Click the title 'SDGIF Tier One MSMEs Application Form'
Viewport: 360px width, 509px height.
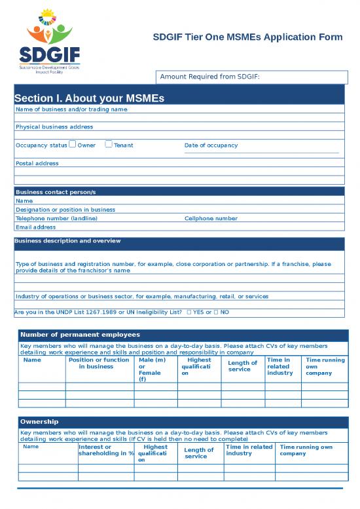(247, 37)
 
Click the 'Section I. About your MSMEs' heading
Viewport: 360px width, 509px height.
(89, 98)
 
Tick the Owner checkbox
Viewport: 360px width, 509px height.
(73, 145)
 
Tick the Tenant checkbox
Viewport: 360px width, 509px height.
(109, 145)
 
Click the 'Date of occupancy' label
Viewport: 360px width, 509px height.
(211, 145)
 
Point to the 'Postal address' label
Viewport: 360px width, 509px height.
(37, 163)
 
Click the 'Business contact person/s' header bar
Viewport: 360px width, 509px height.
(179, 192)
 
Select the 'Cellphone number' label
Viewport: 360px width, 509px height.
(211, 218)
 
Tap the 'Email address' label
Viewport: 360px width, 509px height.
(35, 227)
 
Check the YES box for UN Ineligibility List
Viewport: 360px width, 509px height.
(189, 312)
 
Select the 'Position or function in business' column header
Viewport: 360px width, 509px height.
(99, 363)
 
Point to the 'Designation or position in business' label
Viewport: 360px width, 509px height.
(65, 210)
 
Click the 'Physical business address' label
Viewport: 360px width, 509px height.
(54, 126)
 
